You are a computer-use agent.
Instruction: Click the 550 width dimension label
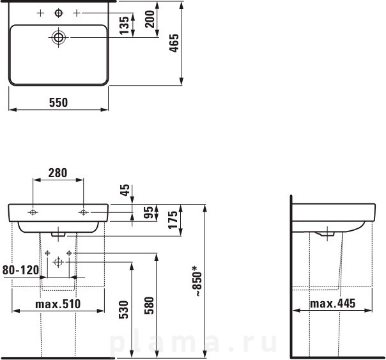pos(58,102)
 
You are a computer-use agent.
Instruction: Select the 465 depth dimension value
pos(174,43)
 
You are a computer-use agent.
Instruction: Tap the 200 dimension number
pos(150,19)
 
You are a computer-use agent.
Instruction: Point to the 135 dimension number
pos(124,26)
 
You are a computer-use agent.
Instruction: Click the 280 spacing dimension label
pos(58,173)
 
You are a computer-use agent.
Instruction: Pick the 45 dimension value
pos(125,190)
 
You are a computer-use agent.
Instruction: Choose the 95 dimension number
pos(148,212)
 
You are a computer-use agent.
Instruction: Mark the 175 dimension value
pos(173,219)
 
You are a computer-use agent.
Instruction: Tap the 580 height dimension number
pos(149,306)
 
